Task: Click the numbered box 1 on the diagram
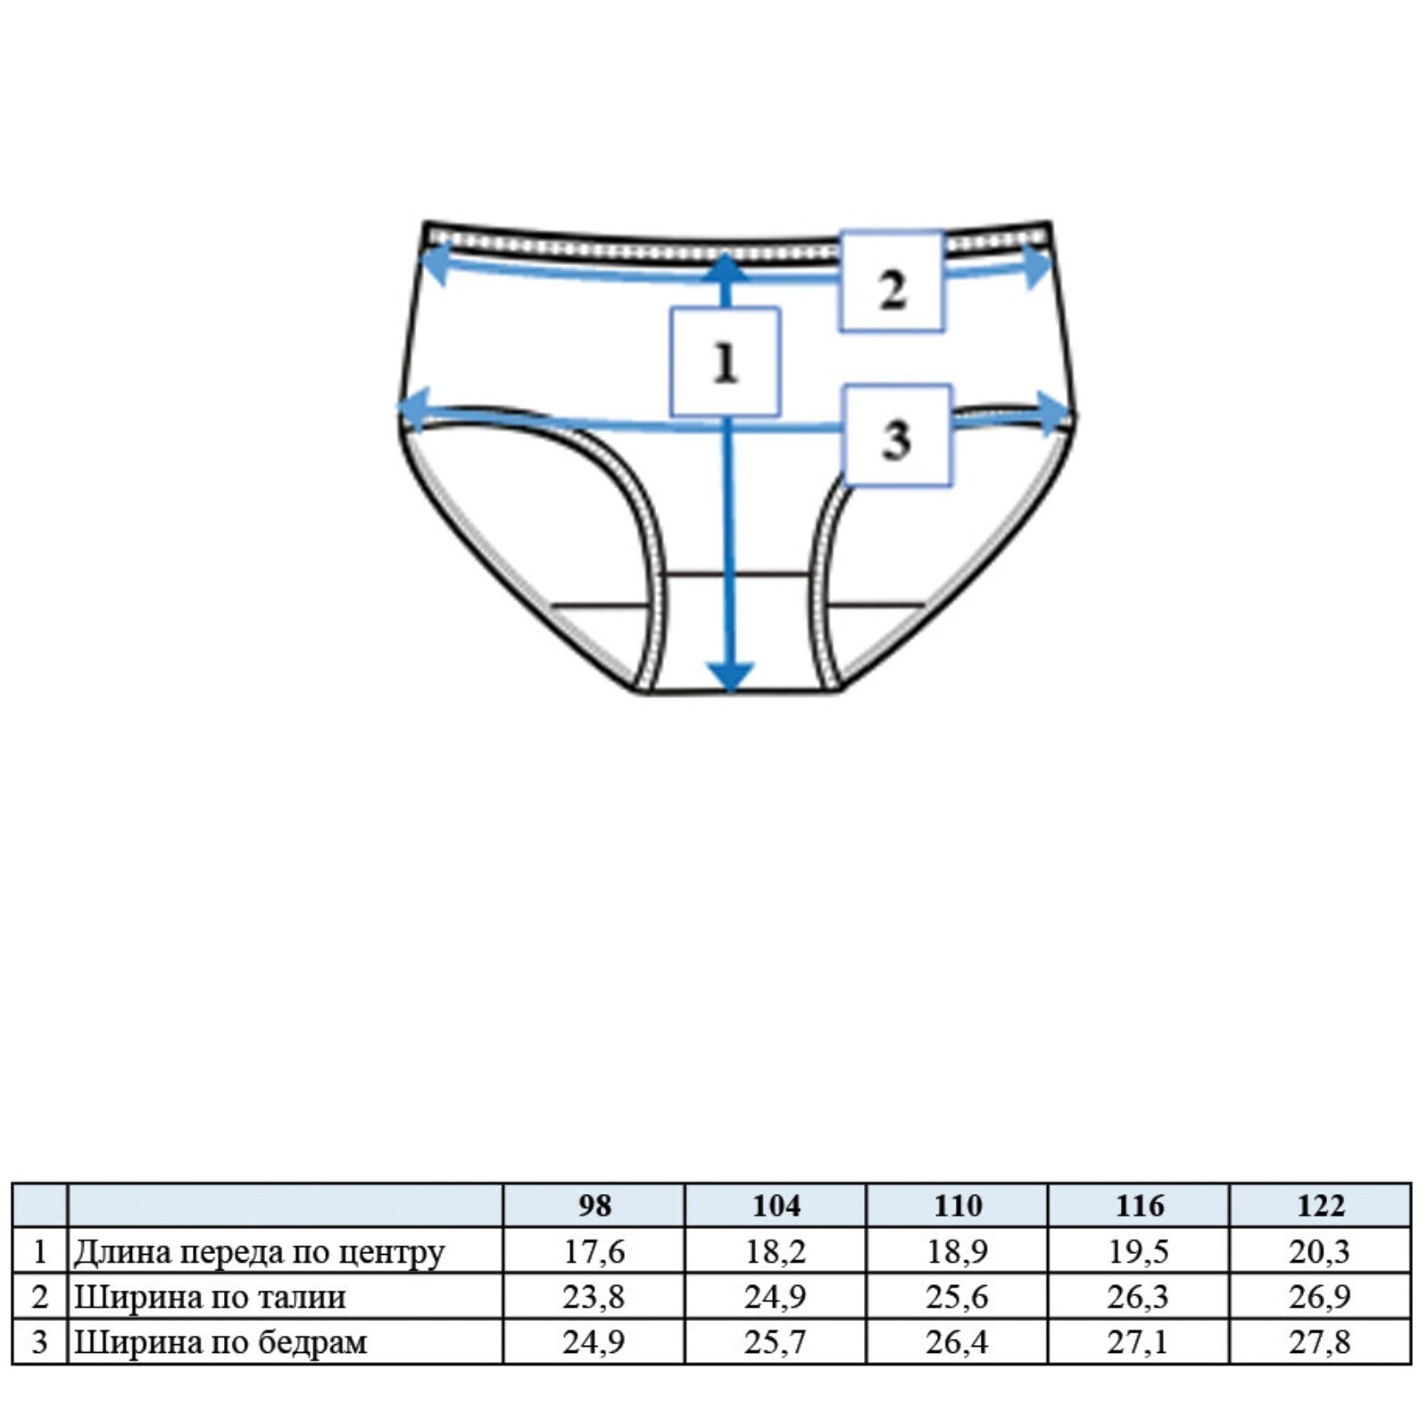(x=725, y=361)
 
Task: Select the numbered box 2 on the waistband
(x=891, y=281)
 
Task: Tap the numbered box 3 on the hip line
(x=898, y=436)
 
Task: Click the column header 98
(x=594, y=1206)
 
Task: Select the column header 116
(x=1139, y=1206)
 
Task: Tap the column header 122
(x=1320, y=1206)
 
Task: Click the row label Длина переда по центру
(x=259, y=1252)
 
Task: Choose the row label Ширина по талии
(x=210, y=1297)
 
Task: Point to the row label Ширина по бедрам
(x=220, y=1342)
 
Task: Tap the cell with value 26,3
(x=1139, y=1297)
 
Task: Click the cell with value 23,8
(x=594, y=1297)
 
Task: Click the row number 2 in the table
(x=39, y=1297)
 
